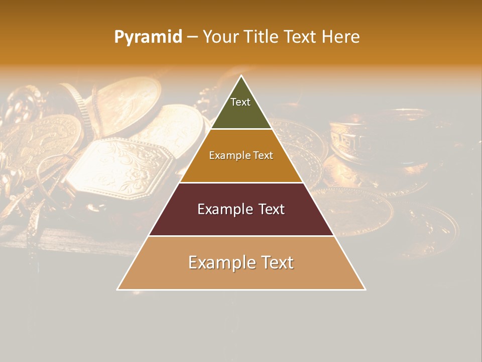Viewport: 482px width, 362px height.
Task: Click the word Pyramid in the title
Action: coord(148,37)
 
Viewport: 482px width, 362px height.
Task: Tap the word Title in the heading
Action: coord(263,37)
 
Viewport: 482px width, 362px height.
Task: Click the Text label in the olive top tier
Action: coord(240,102)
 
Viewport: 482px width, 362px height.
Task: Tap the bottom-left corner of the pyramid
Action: coord(118,289)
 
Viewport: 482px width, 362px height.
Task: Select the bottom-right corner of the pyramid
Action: coord(365,289)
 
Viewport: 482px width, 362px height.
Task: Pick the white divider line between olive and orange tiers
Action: coord(241,129)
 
